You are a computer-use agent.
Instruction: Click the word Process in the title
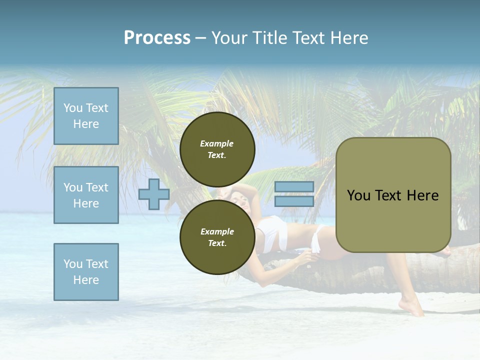pos(157,38)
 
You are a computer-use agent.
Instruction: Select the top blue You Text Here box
pos(86,116)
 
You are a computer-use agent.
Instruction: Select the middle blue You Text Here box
pos(86,195)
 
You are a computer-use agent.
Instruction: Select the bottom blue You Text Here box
pos(86,272)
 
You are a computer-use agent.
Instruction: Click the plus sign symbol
pos(153,195)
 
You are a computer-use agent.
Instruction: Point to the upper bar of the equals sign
pos(294,187)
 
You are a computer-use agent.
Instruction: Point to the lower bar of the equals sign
pos(294,201)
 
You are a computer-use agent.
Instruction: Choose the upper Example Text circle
pos(217,149)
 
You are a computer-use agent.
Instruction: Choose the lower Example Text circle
pos(217,237)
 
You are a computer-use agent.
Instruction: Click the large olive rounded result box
pos(393,195)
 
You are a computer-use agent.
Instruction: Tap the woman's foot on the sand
pos(413,307)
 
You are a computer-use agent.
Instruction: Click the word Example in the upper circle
pos(217,143)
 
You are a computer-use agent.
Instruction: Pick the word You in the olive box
pos(358,195)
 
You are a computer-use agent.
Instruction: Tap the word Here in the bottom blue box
pos(86,280)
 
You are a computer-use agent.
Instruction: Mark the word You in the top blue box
pos(73,108)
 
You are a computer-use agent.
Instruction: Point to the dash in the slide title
pos(201,38)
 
